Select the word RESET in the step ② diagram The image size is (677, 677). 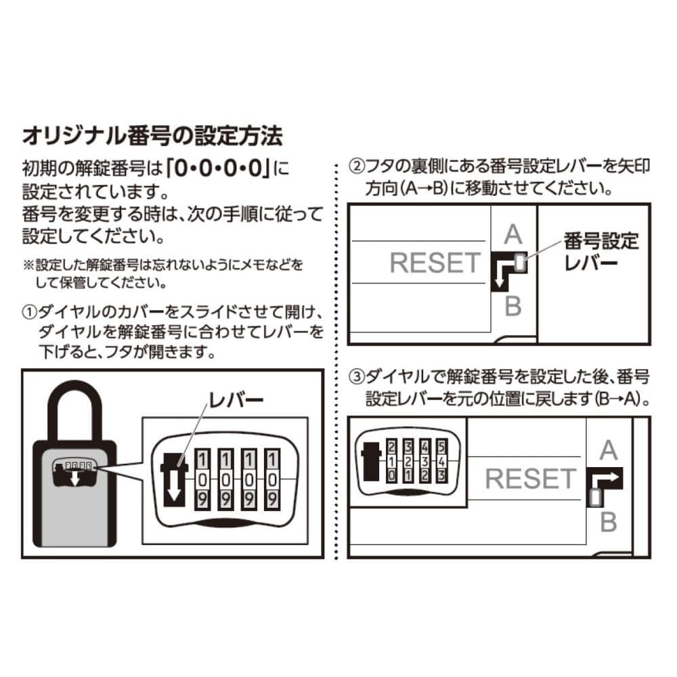point(435,263)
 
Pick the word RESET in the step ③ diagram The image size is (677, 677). point(530,479)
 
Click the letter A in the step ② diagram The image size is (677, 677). point(514,235)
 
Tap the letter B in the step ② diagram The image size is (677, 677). point(513,307)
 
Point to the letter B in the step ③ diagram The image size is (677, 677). point(608,522)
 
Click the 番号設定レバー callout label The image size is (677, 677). point(601,250)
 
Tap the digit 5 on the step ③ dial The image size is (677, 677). point(441,447)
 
